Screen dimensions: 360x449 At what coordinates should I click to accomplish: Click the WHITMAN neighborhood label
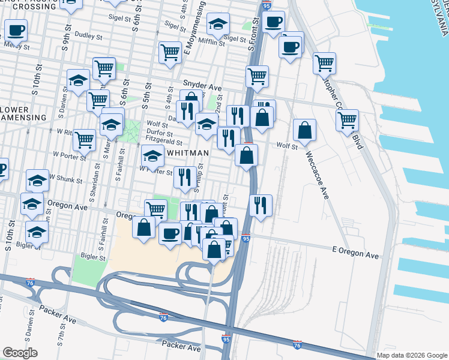pyautogui.click(x=188, y=153)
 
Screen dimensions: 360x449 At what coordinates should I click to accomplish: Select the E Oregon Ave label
pyautogui.click(x=355, y=254)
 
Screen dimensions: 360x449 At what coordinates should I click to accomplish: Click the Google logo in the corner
pyautogui.click(x=20, y=353)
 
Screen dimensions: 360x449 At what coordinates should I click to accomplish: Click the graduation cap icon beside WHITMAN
pyautogui.click(x=153, y=157)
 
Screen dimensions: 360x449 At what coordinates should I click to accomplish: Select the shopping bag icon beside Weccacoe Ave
pyautogui.click(x=305, y=130)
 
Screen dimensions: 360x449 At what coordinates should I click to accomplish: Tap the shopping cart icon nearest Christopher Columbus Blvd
pyautogui.click(x=347, y=119)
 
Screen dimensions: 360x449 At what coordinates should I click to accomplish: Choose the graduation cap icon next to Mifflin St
pyautogui.click(x=218, y=23)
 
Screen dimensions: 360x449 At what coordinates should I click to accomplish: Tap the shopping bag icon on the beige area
pyautogui.click(x=143, y=227)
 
